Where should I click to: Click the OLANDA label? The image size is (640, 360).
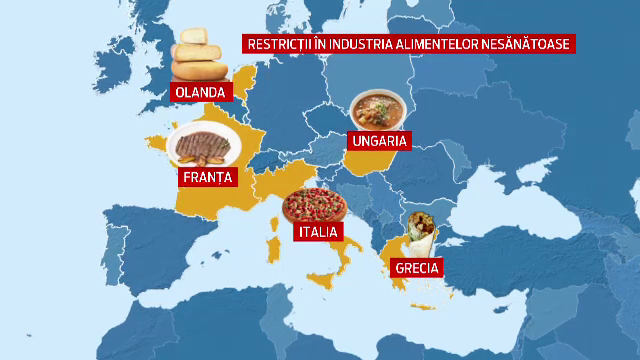click(201, 92)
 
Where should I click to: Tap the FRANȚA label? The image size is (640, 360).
click(208, 178)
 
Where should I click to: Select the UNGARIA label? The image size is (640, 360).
click(378, 141)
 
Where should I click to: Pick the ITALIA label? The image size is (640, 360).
click(317, 231)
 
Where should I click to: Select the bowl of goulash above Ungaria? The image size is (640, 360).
click(377, 111)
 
